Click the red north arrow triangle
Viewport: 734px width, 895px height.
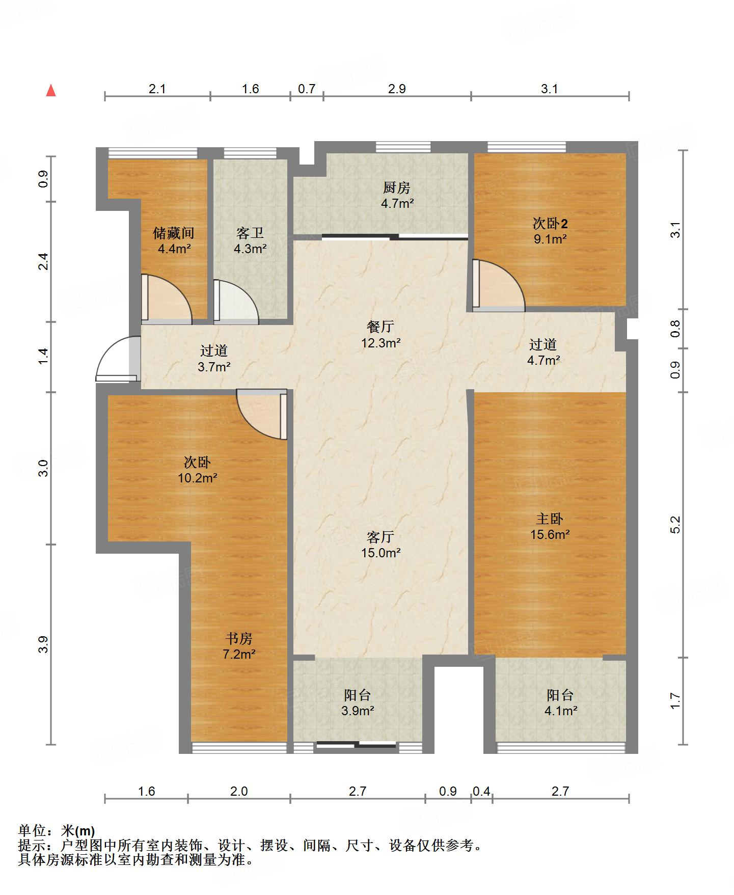[51, 91]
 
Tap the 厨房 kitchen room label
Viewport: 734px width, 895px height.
[396, 188]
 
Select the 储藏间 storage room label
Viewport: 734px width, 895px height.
[174, 233]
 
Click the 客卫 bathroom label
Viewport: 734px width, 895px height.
[250, 233]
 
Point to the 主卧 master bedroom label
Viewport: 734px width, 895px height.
[550, 519]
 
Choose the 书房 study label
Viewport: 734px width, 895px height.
[239, 639]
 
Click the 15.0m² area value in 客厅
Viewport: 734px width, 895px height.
[380, 553]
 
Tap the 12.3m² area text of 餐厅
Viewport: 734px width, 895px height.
[380, 343]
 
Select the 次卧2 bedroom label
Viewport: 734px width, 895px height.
[550, 223]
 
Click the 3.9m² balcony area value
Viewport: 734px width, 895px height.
[358, 711]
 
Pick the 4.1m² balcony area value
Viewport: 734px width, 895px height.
[560, 711]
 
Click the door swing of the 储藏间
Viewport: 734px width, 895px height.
[166, 299]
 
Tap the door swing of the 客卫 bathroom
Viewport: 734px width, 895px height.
[236, 302]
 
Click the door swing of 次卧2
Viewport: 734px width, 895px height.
[499, 286]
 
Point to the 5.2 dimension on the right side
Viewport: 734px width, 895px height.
[675, 525]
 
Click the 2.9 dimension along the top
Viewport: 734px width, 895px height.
[397, 89]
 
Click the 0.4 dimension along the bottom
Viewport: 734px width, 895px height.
[481, 791]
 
